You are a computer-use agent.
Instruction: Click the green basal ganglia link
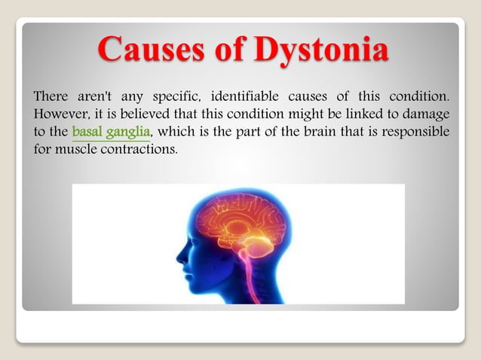tap(112, 133)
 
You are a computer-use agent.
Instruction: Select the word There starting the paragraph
tap(51, 98)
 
